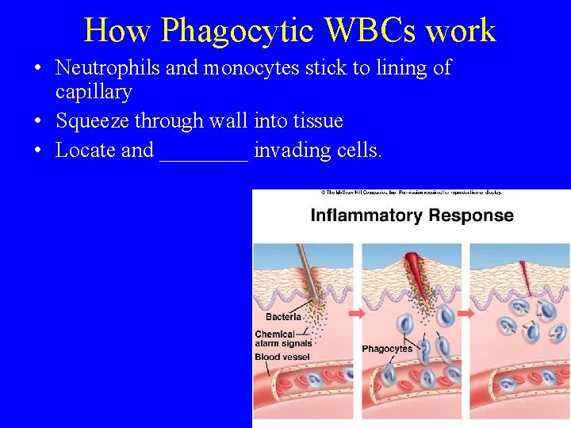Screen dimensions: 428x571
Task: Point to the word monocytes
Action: (258, 69)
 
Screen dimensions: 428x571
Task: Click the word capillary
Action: (94, 92)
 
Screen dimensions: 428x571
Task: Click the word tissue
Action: (316, 120)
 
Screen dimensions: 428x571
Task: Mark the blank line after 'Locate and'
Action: (204, 155)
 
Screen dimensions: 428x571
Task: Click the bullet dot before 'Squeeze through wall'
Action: (39, 121)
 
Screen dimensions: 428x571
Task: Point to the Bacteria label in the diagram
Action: (283, 317)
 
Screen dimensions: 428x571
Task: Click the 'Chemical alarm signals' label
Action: (282, 338)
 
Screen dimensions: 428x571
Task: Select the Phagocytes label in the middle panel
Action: (387, 349)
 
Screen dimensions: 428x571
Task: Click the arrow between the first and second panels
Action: (357, 313)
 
